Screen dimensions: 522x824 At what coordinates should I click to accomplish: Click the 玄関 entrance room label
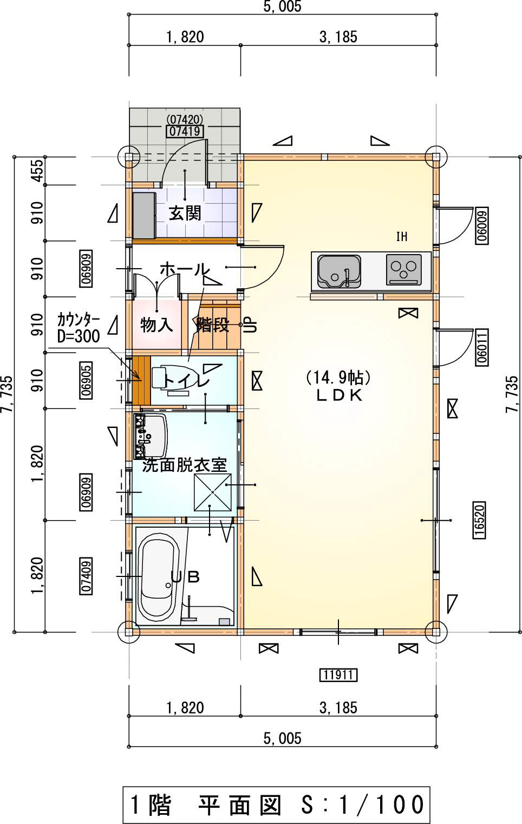click(x=185, y=213)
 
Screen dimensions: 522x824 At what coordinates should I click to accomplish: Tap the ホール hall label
click(x=185, y=269)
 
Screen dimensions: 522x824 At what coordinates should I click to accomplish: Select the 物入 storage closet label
click(x=156, y=325)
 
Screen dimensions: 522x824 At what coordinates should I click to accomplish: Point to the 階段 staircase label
click(x=212, y=325)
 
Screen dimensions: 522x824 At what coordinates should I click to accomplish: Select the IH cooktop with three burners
click(x=403, y=270)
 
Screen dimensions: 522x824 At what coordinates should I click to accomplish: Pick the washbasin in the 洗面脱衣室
click(x=151, y=436)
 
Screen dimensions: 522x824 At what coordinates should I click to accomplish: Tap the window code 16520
click(x=479, y=520)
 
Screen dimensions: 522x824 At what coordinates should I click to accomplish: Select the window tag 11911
click(x=338, y=675)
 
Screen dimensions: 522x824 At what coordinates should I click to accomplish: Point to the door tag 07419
click(x=185, y=131)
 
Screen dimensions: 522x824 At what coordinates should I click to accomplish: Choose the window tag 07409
click(x=86, y=576)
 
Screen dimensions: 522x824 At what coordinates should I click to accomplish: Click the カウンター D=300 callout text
click(x=79, y=328)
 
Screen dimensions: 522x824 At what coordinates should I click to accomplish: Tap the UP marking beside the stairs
click(x=251, y=325)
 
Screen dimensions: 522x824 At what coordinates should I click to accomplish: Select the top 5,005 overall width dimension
click(x=282, y=7)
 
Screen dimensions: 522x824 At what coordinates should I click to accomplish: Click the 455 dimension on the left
click(x=37, y=171)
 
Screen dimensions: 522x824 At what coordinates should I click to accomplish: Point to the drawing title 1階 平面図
click(x=206, y=804)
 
